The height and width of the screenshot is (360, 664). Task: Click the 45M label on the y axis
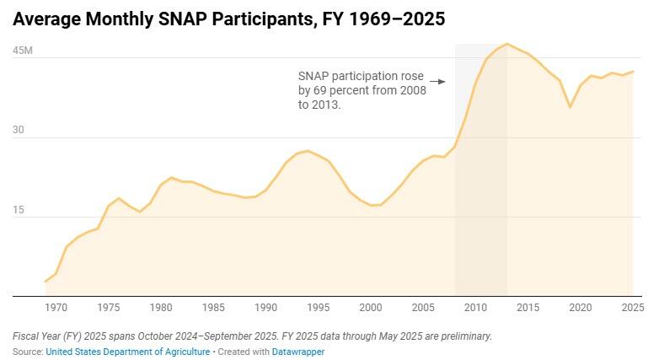point(22,51)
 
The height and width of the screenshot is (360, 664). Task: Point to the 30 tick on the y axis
point(18,131)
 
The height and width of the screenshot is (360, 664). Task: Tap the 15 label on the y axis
point(18,210)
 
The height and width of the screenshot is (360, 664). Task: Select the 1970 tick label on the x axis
point(56,309)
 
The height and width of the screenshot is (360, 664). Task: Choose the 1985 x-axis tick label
point(213,309)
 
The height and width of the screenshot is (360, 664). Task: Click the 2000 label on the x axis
point(371,309)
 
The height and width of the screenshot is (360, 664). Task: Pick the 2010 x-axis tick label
point(475,309)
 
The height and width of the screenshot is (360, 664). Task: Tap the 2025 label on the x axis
point(632,309)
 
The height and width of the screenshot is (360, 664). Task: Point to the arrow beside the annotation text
point(437,82)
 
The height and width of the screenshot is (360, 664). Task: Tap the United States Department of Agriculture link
point(128,352)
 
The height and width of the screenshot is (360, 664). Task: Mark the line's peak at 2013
point(506,44)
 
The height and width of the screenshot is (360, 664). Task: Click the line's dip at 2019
point(570,107)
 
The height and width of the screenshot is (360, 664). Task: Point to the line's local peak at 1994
point(308,151)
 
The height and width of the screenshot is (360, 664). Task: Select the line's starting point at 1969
point(46,282)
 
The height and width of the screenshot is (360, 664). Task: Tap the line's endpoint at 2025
point(633,72)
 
